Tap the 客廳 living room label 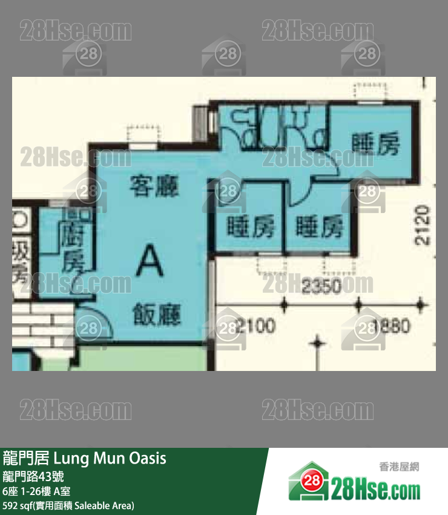point(154,186)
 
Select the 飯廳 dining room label point(157,315)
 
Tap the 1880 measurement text point(392,326)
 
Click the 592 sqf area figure point(18,505)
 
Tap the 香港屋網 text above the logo point(399,467)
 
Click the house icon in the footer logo point(309,482)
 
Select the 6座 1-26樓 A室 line point(39,491)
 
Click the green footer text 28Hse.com point(375,488)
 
